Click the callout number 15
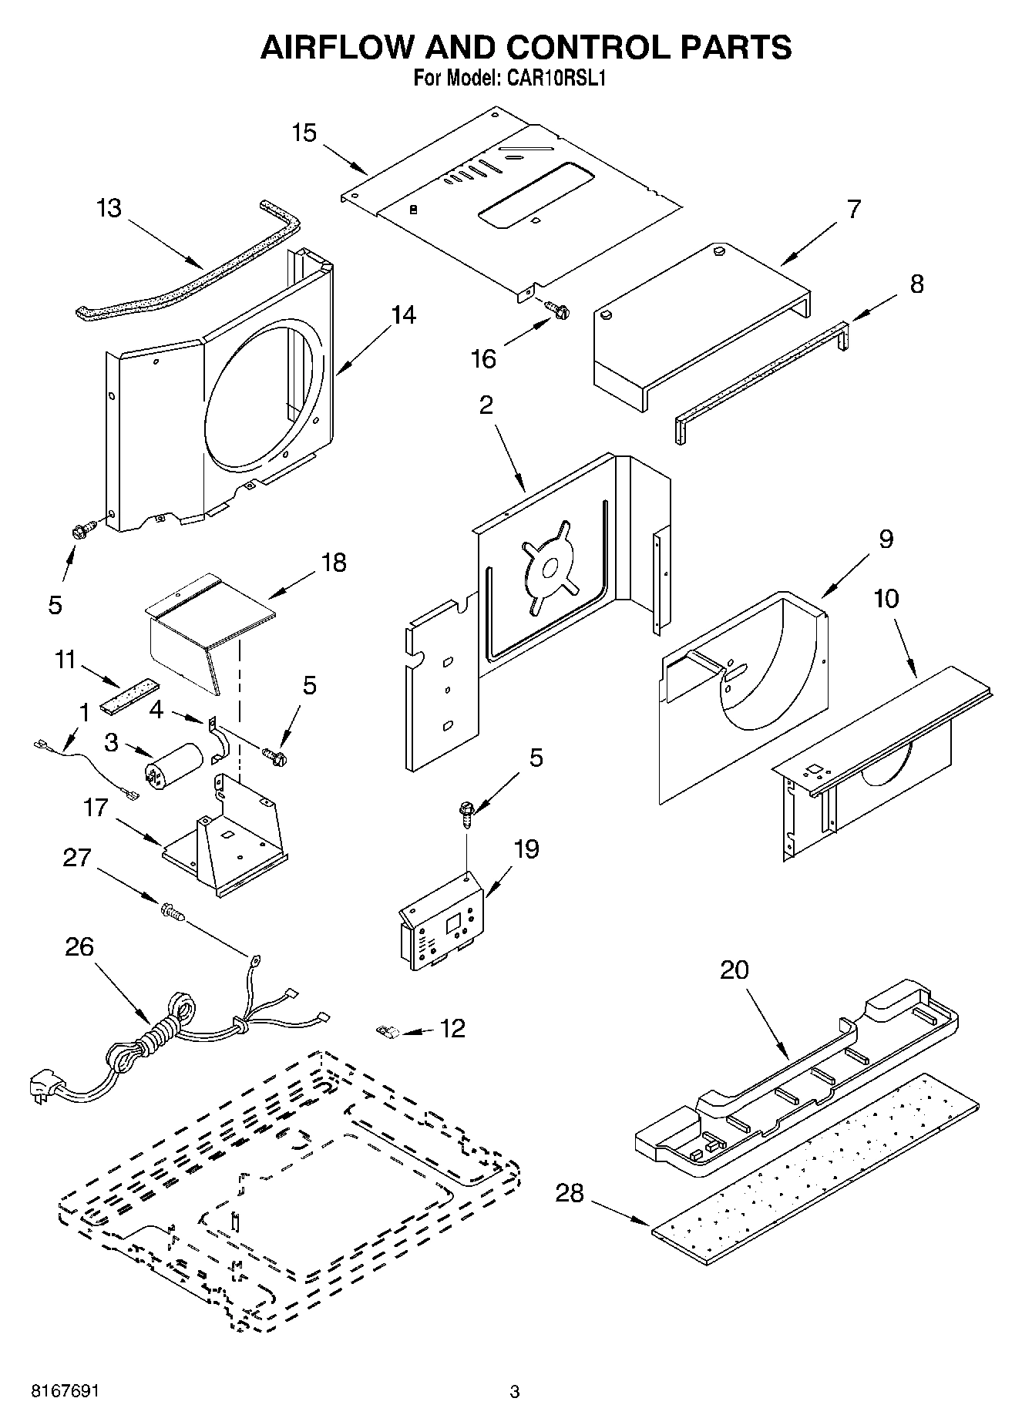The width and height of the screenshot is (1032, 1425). (304, 133)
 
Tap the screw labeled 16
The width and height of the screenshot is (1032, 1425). (558, 310)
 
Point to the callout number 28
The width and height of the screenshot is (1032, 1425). (570, 1194)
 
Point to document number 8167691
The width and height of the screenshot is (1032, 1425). (65, 1391)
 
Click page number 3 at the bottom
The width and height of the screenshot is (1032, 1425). (515, 1392)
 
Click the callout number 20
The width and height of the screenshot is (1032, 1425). (734, 969)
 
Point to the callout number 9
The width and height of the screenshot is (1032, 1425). (886, 539)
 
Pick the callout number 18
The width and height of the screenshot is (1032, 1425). (333, 563)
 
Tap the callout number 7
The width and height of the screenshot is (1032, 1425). (853, 209)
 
